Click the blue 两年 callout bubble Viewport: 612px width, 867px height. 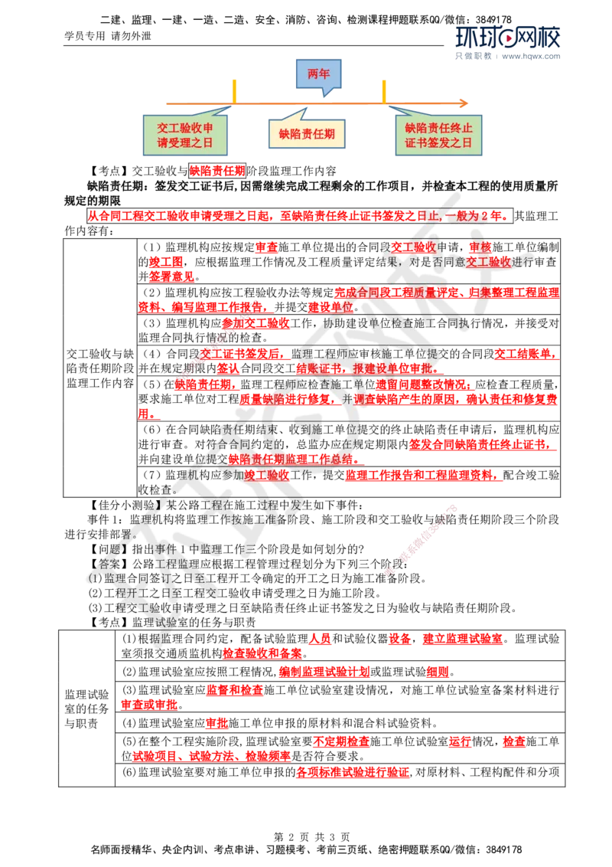319,74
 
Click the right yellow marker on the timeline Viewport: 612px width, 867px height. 384,90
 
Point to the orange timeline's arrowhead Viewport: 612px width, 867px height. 464,103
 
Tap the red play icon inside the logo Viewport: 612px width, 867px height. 507,37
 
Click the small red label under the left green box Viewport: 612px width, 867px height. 217,171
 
